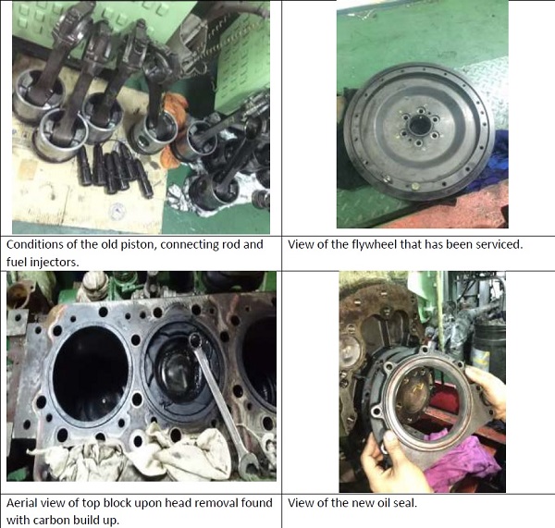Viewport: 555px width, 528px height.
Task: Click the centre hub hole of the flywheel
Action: pos(420,125)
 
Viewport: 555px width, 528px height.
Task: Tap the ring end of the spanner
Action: pos(195,340)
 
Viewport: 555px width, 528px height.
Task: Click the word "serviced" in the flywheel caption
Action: pos(499,244)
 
